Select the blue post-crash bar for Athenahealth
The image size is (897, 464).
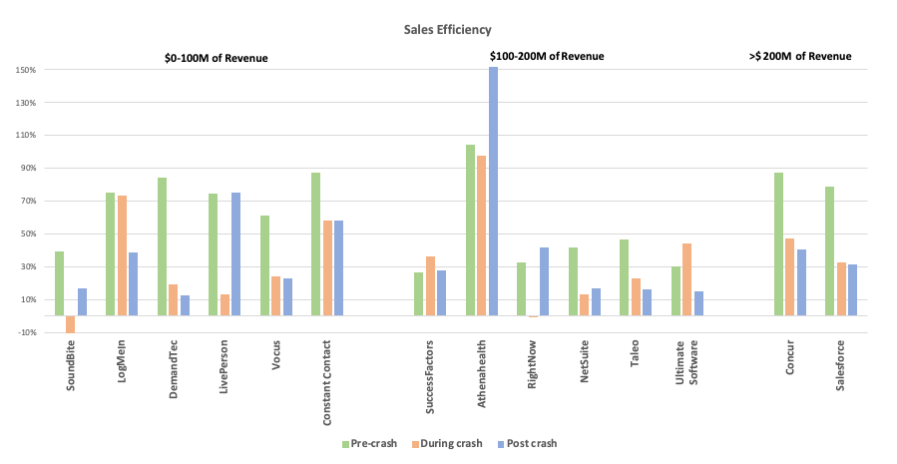(493, 192)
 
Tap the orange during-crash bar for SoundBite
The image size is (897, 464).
(71, 324)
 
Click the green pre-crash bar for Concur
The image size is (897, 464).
(778, 244)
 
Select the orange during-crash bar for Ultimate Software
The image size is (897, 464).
(687, 279)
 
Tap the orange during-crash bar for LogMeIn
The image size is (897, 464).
(122, 255)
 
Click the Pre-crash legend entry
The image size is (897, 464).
(369, 442)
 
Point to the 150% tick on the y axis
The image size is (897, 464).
(26, 70)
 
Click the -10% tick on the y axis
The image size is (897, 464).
(26, 332)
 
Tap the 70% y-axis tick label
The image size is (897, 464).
(26, 202)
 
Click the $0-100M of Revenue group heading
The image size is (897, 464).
(217, 57)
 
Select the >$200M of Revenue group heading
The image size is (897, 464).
(800, 57)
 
